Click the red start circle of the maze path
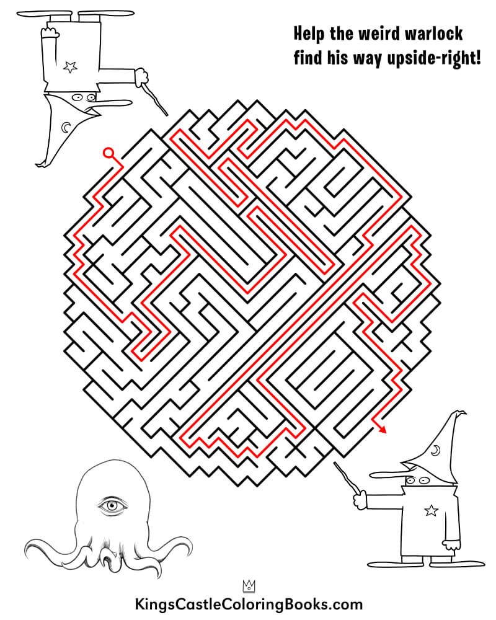pos(108,153)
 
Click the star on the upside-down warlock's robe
pos(70,67)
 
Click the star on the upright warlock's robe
pos(431,510)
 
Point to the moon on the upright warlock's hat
pos(435,450)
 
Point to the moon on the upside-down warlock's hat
pos(66,127)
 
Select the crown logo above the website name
pos(249,586)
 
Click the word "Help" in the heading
pos(309,34)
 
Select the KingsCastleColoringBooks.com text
pos(249,604)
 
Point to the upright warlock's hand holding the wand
pos(360,500)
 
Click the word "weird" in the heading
pos(378,33)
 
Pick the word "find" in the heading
pos(308,58)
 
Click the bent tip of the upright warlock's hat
pos(461,413)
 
